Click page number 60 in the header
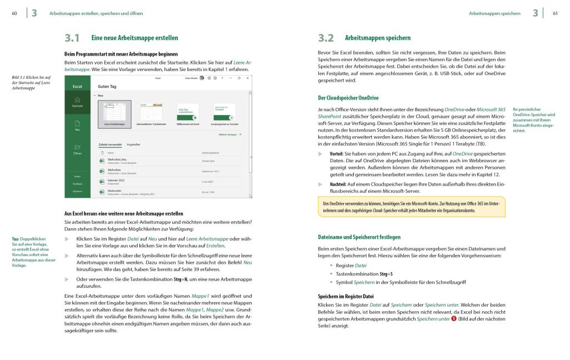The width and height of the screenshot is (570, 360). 14,13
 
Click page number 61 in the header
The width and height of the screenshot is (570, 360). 555,13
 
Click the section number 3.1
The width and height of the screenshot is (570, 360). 72,38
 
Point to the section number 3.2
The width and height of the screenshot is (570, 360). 326,38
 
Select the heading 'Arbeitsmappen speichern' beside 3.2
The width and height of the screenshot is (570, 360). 378,38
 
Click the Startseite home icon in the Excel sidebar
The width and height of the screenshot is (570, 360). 77,99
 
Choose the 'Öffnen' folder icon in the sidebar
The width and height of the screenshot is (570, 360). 77,147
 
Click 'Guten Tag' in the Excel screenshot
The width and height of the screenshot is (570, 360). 107,87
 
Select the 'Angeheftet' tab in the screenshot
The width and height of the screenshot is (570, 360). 133,144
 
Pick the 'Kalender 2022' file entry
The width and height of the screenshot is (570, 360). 117,180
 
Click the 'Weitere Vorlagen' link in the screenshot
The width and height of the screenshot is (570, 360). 231,134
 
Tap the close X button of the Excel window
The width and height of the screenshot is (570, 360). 247,79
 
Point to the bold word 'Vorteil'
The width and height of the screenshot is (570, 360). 336,153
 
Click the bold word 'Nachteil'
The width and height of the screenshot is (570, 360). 338,183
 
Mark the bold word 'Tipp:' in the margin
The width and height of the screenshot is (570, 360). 18,239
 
